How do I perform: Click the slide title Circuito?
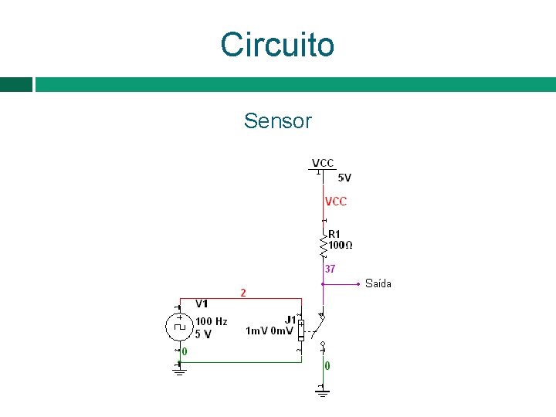277,45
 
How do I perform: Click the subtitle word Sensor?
277,121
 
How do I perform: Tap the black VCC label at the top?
323,163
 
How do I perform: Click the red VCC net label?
336,202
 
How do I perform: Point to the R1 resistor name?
334,234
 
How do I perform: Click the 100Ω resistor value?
341,245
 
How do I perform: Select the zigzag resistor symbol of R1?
323,246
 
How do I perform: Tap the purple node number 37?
330,270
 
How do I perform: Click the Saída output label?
378,283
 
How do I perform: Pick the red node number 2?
243,293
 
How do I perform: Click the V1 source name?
202,303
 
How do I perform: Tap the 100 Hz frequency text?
211,321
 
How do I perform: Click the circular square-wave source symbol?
180,326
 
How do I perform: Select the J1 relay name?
290,319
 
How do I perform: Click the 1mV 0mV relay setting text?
269,331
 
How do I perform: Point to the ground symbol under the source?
179,371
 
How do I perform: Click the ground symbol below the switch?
323,392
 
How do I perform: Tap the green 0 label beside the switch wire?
328,366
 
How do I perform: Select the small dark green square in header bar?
15,84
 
